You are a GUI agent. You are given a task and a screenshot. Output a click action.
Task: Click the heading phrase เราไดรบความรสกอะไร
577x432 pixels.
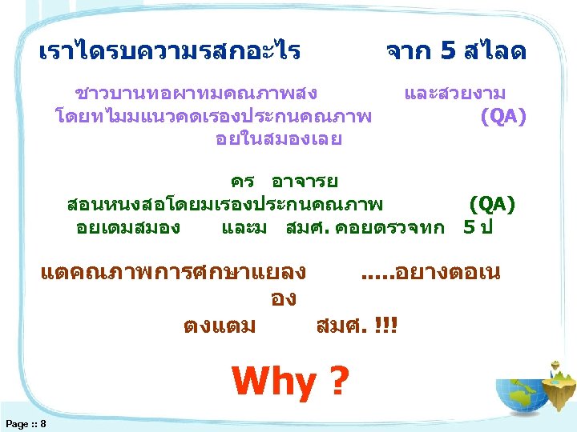(170, 53)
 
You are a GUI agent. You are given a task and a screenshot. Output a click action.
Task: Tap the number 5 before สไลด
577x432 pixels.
(447, 53)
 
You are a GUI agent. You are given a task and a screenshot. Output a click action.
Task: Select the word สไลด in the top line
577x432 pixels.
(493, 53)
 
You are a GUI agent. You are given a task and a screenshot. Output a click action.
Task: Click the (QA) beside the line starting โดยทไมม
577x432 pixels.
(502, 117)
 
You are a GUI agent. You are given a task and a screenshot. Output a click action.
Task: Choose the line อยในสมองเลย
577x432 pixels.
(278, 139)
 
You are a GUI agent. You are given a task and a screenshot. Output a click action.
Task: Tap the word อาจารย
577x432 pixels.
(305, 181)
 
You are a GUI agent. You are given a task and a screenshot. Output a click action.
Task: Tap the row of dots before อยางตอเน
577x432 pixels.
(373, 276)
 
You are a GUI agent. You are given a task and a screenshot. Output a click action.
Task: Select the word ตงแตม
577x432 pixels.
(220, 326)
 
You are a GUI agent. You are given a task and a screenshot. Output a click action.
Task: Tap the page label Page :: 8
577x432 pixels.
(25, 422)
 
